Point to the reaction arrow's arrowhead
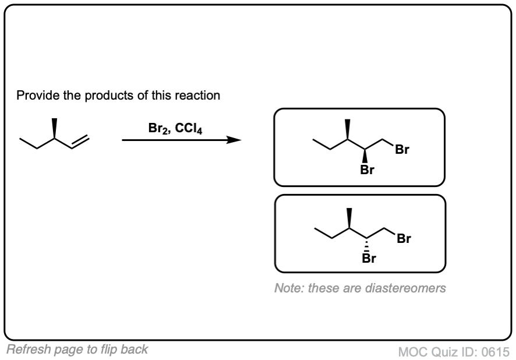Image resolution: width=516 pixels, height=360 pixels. pyautogui.click(x=235, y=140)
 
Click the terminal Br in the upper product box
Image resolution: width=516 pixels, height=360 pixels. pyautogui.click(x=402, y=150)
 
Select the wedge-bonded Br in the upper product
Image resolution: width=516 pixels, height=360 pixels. pyautogui.click(x=366, y=171)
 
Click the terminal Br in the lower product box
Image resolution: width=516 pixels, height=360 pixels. pyautogui.click(x=404, y=238)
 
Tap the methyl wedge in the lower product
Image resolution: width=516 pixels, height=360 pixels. pyautogui.click(x=349, y=217)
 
